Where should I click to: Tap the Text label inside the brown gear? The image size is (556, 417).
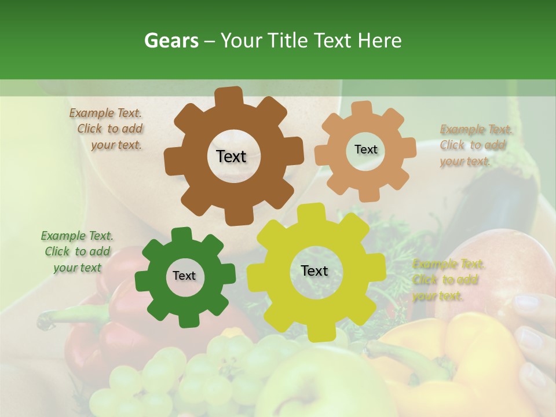point(231,156)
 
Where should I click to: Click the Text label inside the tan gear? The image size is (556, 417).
point(365,149)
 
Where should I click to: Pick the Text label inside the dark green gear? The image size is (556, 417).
point(184,276)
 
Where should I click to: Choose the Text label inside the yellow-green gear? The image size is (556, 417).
point(314,270)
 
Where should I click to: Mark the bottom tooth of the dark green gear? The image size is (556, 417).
point(186,320)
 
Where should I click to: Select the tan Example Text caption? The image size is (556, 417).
point(474,145)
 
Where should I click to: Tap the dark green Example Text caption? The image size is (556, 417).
point(77,251)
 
